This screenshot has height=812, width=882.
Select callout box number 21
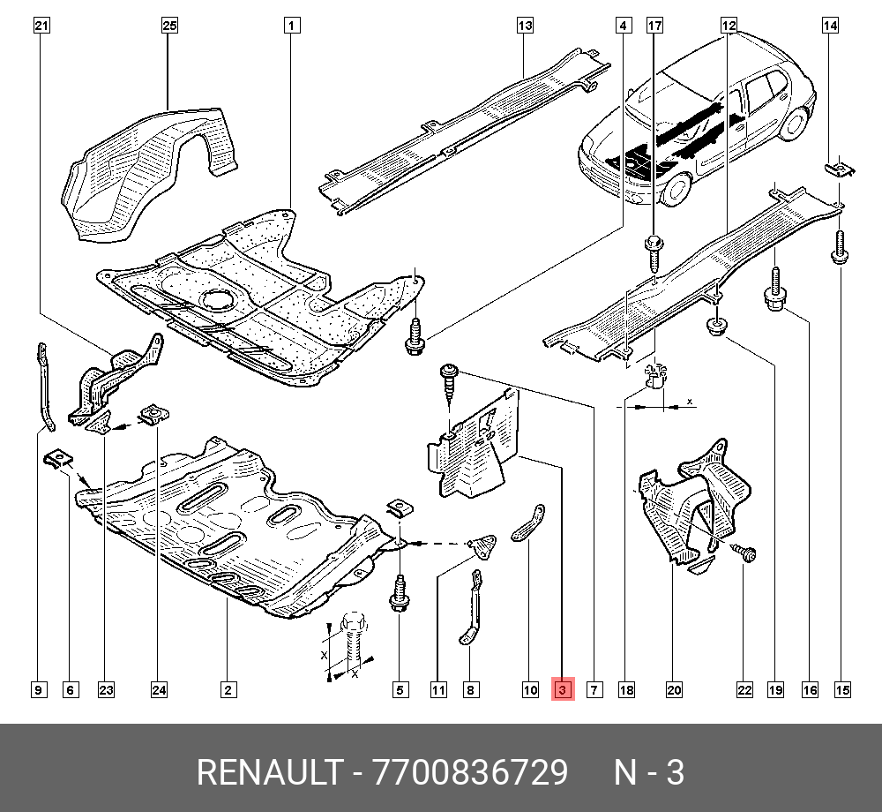41,26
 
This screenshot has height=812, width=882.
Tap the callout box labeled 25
169,26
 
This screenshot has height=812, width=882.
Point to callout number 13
525,26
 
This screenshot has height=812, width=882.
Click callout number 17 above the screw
654,26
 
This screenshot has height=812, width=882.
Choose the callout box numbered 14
830,26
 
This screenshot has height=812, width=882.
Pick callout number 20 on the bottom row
675,690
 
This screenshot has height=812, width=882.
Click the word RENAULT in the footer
268,773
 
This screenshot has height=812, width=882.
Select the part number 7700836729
471,773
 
